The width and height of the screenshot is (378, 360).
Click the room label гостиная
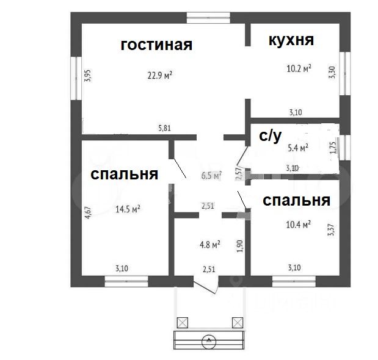pyautogui.click(x=156, y=45)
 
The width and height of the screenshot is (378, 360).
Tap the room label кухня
pyautogui.click(x=291, y=41)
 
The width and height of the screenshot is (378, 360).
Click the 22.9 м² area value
pyautogui.click(x=159, y=76)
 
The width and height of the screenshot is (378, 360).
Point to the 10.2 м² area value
pyautogui.click(x=299, y=68)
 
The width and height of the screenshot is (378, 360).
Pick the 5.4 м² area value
pyautogui.click(x=297, y=147)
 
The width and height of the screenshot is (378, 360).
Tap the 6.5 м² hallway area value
pyautogui.click(x=211, y=175)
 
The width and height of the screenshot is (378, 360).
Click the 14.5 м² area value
pyautogui.click(x=128, y=208)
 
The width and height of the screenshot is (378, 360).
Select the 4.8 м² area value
pyautogui.click(x=210, y=243)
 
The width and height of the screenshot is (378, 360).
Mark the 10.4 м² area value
pyautogui.click(x=299, y=225)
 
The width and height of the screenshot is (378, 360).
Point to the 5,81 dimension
pyautogui.click(x=164, y=128)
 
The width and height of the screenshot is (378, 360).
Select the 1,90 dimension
pyautogui.click(x=241, y=245)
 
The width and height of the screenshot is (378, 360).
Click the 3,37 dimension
pyautogui.click(x=332, y=230)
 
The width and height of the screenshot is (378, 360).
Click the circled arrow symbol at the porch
pyautogui.click(x=209, y=340)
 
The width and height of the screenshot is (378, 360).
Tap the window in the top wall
pyautogui.click(x=208, y=17)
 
